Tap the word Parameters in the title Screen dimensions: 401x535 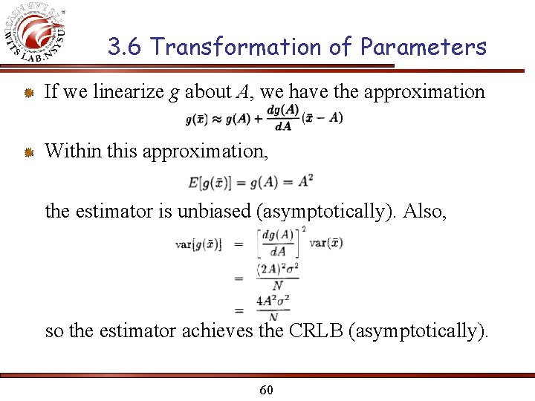tap(423, 48)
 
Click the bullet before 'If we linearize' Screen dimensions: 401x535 tap(27, 93)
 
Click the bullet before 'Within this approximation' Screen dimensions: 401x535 tap(27, 152)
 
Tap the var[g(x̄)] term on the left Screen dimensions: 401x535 tap(198, 244)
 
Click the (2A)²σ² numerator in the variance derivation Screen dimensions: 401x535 tap(278, 269)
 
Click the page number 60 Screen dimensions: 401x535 tap(267, 389)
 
